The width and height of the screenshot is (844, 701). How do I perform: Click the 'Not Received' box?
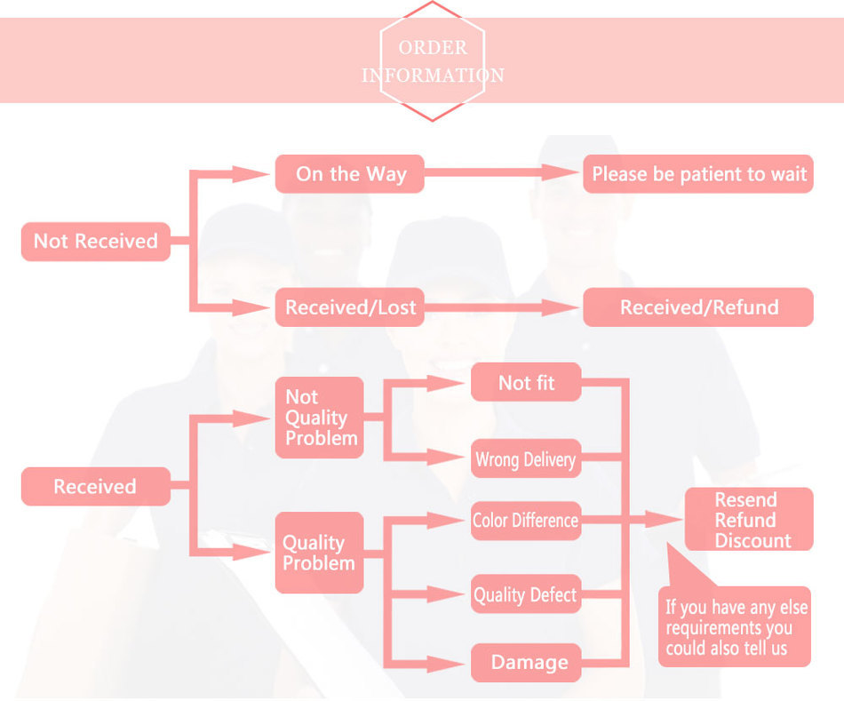[95, 241]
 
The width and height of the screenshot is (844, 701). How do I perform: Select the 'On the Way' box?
[349, 174]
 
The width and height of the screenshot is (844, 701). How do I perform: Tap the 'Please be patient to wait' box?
[697, 174]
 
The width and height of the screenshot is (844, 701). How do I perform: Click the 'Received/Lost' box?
[349, 307]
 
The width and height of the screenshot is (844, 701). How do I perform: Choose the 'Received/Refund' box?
[697, 307]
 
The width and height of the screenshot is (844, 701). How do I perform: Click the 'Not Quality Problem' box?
[319, 418]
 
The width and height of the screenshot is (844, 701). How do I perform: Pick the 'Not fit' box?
[526, 383]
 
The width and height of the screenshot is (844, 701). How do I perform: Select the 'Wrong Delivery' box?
[526, 459]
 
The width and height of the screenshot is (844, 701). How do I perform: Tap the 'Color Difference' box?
[526, 521]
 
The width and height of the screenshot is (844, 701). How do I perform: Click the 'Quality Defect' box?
[526, 594]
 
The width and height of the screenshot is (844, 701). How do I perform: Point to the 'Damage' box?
[526, 662]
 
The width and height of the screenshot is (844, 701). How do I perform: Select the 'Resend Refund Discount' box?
[748, 520]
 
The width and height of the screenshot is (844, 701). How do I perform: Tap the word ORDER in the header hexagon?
[433, 48]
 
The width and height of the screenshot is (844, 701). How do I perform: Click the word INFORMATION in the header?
[433, 76]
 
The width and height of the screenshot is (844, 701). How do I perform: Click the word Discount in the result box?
[752, 540]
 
